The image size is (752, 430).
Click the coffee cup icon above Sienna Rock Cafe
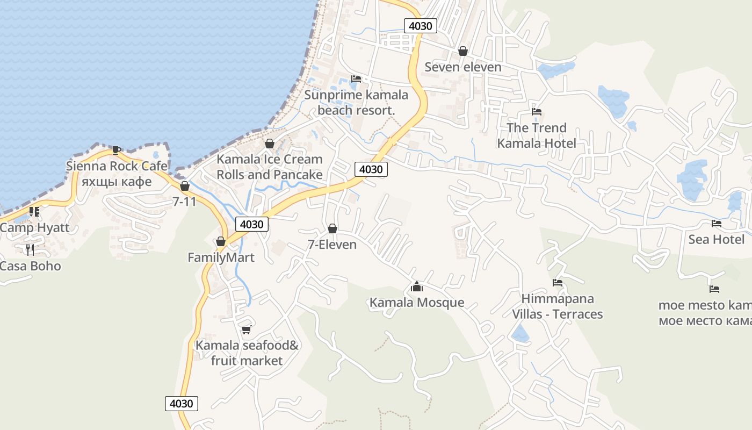(116, 150)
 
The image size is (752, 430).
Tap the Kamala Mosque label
(416, 303)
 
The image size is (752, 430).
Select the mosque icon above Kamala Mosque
(416, 287)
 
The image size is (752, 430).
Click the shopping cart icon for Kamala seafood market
(246, 329)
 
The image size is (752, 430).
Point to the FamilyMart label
(221, 257)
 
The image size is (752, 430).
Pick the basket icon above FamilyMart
(220, 242)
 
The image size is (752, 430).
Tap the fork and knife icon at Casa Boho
(30, 249)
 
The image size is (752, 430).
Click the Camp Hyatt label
(35, 227)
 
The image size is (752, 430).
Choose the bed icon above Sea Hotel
(717, 224)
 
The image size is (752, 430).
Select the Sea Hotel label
(717, 239)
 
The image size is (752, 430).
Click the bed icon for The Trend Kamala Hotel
(536, 112)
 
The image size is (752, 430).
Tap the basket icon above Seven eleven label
(462, 51)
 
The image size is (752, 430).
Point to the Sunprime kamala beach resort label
(356, 103)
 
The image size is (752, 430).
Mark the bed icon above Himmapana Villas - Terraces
(558, 283)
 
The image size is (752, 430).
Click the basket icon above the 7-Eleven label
(332, 229)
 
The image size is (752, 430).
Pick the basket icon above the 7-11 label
(185, 187)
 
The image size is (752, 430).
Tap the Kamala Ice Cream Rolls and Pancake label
(269, 167)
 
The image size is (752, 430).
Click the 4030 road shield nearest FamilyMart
(251, 224)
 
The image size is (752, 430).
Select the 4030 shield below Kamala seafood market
(181, 403)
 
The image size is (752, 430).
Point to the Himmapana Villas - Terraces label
(557, 306)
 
